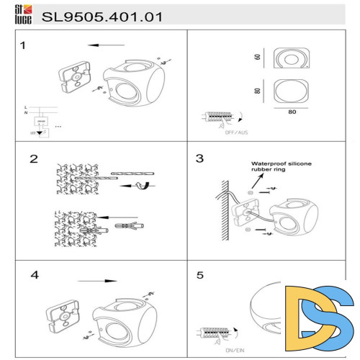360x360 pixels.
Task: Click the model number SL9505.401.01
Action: (102, 15)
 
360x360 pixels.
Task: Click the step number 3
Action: (200, 158)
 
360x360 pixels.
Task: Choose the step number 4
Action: (35, 275)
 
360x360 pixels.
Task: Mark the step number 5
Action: (201, 275)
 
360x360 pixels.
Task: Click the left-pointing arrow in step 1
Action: (104, 45)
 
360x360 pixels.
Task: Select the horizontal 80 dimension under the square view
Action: (292, 112)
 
